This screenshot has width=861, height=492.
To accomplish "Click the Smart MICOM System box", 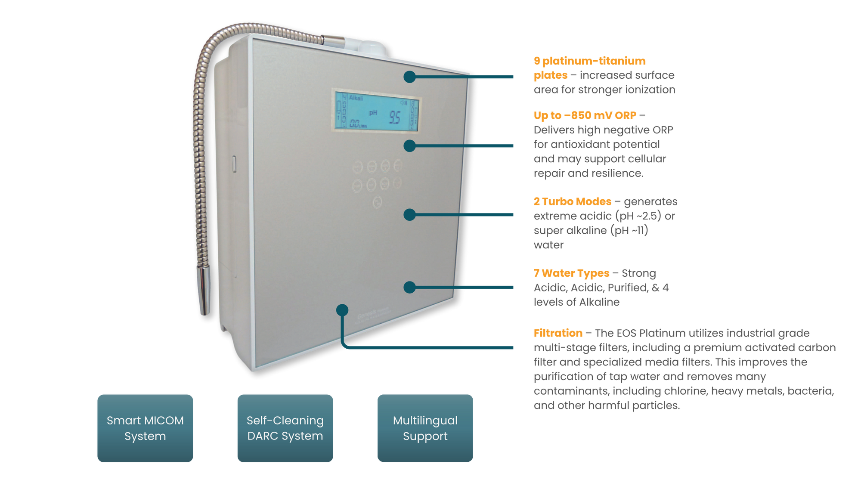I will [x=145, y=428].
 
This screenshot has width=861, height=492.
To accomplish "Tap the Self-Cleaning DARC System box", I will [x=285, y=428].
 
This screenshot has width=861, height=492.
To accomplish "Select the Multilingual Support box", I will [x=425, y=428].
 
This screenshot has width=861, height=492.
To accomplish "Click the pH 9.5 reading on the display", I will [x=394, y=118].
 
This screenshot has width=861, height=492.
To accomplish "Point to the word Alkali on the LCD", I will [x=356, y=98].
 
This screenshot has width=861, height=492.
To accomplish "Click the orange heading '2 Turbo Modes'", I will [x=573, y=201].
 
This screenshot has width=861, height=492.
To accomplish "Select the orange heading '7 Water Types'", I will [x=571, y=273].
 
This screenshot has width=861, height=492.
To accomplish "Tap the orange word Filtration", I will [x=558, y=333].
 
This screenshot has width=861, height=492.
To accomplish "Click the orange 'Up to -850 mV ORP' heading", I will [x=585, y=115].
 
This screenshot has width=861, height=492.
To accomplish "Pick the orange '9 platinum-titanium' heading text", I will [x=589, y=61].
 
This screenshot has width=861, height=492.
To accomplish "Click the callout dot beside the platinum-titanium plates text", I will [x=409, y=77].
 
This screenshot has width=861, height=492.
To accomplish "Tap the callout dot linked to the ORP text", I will [x=409, y=146].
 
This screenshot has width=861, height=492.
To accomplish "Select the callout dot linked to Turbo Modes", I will [x=409, y=214].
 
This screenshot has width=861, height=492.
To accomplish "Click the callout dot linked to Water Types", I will [x=409, y=287].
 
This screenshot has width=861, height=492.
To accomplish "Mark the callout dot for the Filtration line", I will [x=342, y=310].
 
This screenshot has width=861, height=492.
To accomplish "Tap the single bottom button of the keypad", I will [x=378, y=201].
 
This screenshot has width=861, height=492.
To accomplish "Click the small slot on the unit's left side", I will [x=234, y=164].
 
